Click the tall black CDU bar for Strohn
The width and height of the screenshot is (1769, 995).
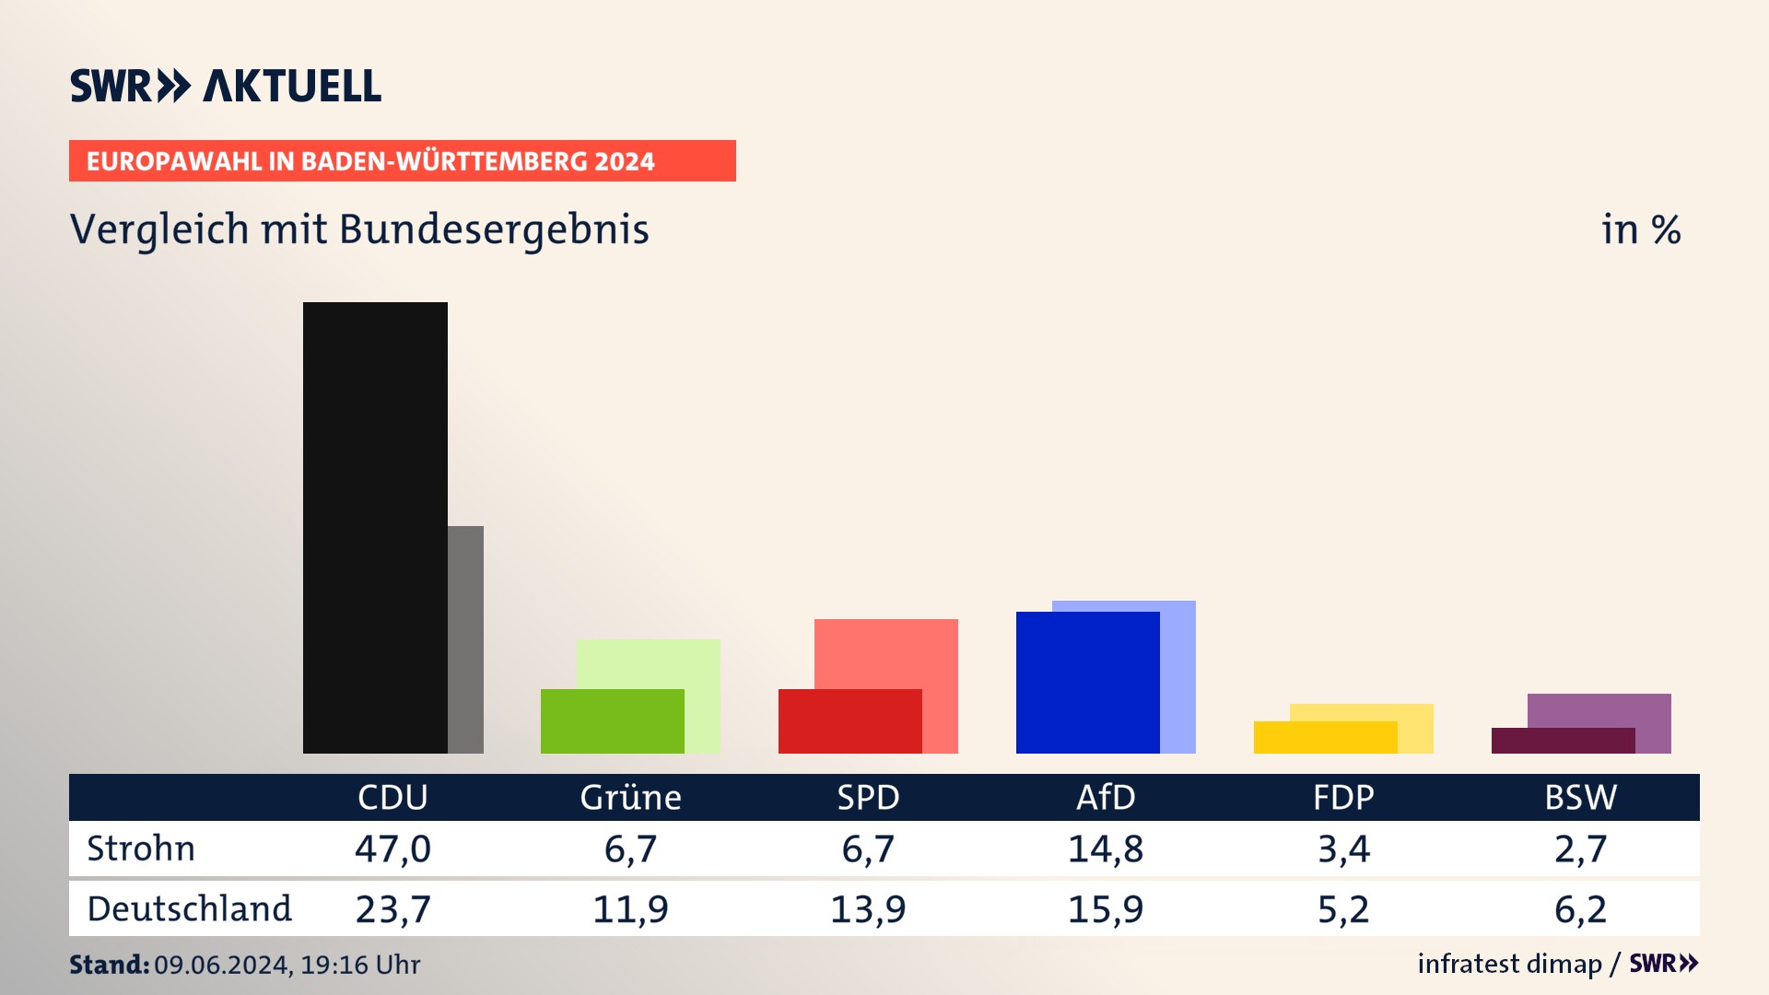pyautogui.click(x=375, y=527)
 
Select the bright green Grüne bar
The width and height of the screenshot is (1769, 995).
pyautogui.click(x=612, y=721)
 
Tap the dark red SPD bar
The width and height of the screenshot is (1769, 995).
pyautogui.click(x=849, y=721)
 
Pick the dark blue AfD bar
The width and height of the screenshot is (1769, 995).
pyautogui.click(x=1087, y=682)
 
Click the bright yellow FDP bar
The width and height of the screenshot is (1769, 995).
pyautogui.click(x=1325, y=737)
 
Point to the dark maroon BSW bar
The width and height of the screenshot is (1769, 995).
pyautogui.click(x=1563, y=741)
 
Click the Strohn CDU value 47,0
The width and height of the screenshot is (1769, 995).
pyautogui.click(x=392, y=849)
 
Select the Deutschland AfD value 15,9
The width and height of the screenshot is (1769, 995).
pyautogui.click(x=1106, y=909)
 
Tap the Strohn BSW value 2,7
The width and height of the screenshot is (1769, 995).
pyautogui.click(x=1580, y=849)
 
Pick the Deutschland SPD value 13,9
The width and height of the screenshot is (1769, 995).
pyautogui.click(x=868, y=909)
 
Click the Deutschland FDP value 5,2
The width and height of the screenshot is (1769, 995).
pyautogui.click(x=1343, y=909)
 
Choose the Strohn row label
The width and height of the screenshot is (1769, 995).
pyautogui.click(x=141, y=849)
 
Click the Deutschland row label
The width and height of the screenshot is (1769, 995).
pyautogui.click(x=189, y=909)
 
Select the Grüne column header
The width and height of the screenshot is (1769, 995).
pyautogui.click(x=630, y=797)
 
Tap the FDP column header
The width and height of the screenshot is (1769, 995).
pyautogui.click(x=1343, y=797)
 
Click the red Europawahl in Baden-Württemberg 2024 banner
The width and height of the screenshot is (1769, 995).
pyautogui.click(x=402, y=161)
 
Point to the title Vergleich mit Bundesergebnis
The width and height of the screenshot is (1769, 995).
pyautogui.click(x=359, y=229)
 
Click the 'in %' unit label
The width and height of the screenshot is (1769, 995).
pyautogui.click(x=1641, y=229)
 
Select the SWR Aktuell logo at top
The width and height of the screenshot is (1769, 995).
pyautogui.click(x=226, y=86)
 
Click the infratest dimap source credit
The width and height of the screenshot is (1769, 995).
pyautogui.click(x=1509, y=964)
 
